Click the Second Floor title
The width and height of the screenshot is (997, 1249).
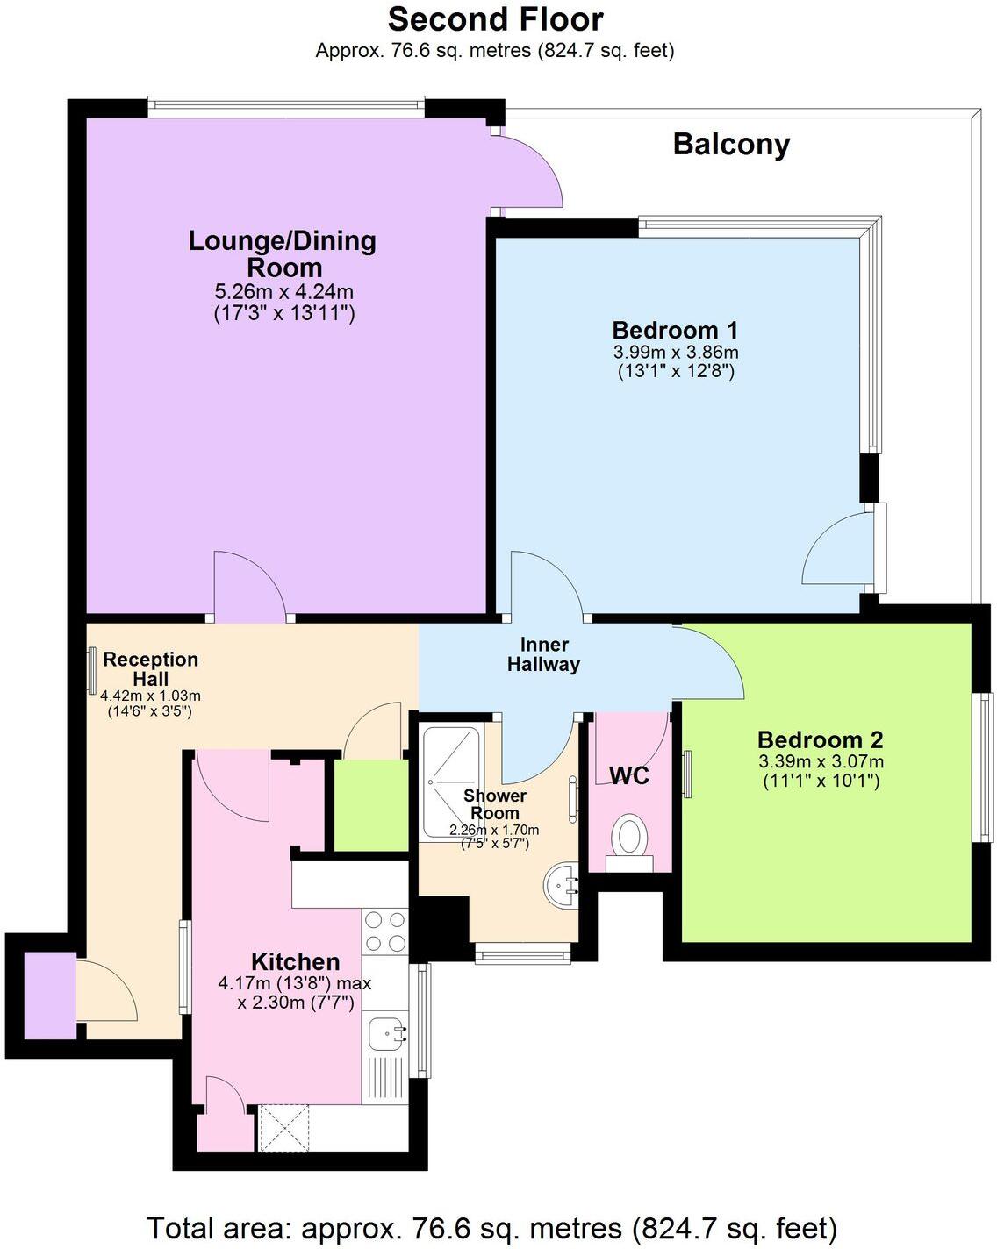coord(495,19)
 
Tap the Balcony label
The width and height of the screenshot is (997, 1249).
coord(731,145)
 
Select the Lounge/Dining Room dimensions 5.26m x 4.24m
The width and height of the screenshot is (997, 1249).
coord(283,292)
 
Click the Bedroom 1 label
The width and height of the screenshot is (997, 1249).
coord(674,331)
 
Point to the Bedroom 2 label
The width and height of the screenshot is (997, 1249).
coord(820,739)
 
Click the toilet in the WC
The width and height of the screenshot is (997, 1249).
coord(628,838)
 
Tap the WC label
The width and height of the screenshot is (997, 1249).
coord(628,775)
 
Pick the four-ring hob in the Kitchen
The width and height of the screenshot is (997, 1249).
coord(385,931)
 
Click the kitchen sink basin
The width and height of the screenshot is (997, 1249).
coord(385,1034)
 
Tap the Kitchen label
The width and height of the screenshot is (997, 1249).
coord(295,961)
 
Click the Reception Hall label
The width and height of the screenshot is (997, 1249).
coord(151,668)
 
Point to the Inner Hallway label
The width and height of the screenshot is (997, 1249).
coord(543,654)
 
